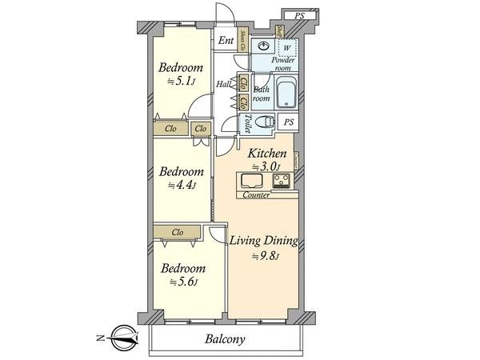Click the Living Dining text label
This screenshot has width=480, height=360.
tap(264, 241)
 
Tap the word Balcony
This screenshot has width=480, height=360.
tap(224, 339)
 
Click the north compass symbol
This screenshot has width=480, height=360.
tap(120, 337)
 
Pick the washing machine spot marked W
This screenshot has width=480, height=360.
tap(286, 47)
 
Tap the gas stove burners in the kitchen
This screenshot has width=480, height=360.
tap(281, 182)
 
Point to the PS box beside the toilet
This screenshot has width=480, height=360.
tap(289, 122)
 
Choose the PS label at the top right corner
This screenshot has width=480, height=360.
tap(299, 15)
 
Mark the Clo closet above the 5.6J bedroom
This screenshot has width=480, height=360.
tap(178, 232)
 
